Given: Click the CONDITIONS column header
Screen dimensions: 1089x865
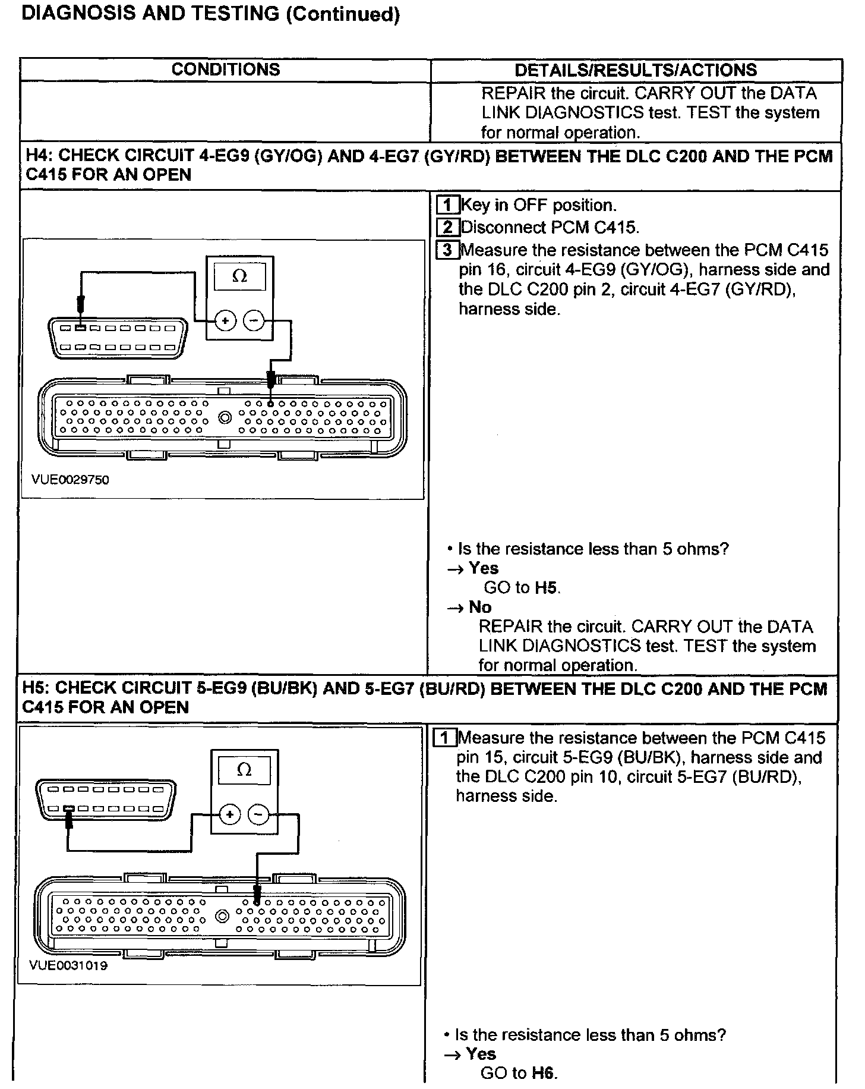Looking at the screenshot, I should coord(225,70).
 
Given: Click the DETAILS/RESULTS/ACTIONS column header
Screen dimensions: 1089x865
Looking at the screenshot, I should coord(635,70).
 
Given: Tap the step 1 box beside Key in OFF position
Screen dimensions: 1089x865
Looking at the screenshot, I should coord(447,205).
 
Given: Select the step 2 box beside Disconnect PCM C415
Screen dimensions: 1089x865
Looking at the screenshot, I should coord(447,227).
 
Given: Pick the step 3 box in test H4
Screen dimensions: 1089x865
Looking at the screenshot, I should coord(447,250).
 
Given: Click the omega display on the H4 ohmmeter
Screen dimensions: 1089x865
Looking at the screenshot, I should coord(240,276).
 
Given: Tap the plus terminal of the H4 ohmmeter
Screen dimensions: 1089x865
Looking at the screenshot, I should coord(225,321).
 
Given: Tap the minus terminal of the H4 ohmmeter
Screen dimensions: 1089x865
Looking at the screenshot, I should coord(254,321).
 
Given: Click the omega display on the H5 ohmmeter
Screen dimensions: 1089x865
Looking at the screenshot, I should coord(244,770).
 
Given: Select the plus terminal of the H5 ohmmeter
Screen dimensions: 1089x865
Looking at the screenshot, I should coord(230,814).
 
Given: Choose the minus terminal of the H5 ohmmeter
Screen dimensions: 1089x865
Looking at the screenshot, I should coord(258,814).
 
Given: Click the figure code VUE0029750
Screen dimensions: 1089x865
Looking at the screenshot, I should coord(71,480).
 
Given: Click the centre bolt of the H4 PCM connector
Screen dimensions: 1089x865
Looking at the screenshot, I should coord(225,418).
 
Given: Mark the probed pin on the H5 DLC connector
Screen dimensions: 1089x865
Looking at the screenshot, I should coord(69,809).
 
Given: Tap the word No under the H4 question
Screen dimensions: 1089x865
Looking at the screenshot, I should coord(480,607).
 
